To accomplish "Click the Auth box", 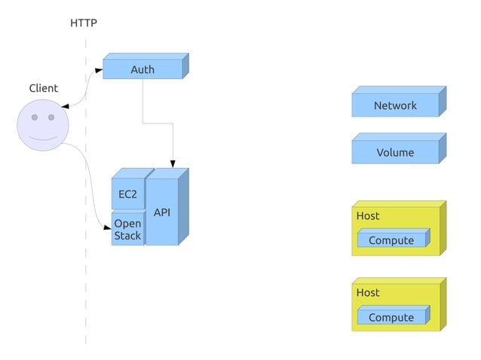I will pos(142,69).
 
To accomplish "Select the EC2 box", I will pos(127,194).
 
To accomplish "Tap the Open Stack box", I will pos(127,230).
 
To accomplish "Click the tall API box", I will pos(161,212).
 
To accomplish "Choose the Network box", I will pos(395,105).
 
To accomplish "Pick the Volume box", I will pos(395,152).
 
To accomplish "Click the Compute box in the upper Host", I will pos(391,240).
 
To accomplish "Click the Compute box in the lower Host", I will pos(391,317).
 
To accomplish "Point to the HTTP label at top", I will pos(84,23).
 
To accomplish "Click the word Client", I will pos(43,88).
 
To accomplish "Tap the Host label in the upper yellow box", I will pos(368,216).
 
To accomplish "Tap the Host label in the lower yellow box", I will pos(368,292).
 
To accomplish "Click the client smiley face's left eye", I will pos(35,117).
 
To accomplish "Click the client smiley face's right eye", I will pos(51,117).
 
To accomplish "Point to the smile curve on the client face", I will pos(43,138).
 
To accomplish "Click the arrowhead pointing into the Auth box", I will pos(99,70).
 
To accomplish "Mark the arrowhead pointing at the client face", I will pos(65,108).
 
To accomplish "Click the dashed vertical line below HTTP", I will pos(86,286).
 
